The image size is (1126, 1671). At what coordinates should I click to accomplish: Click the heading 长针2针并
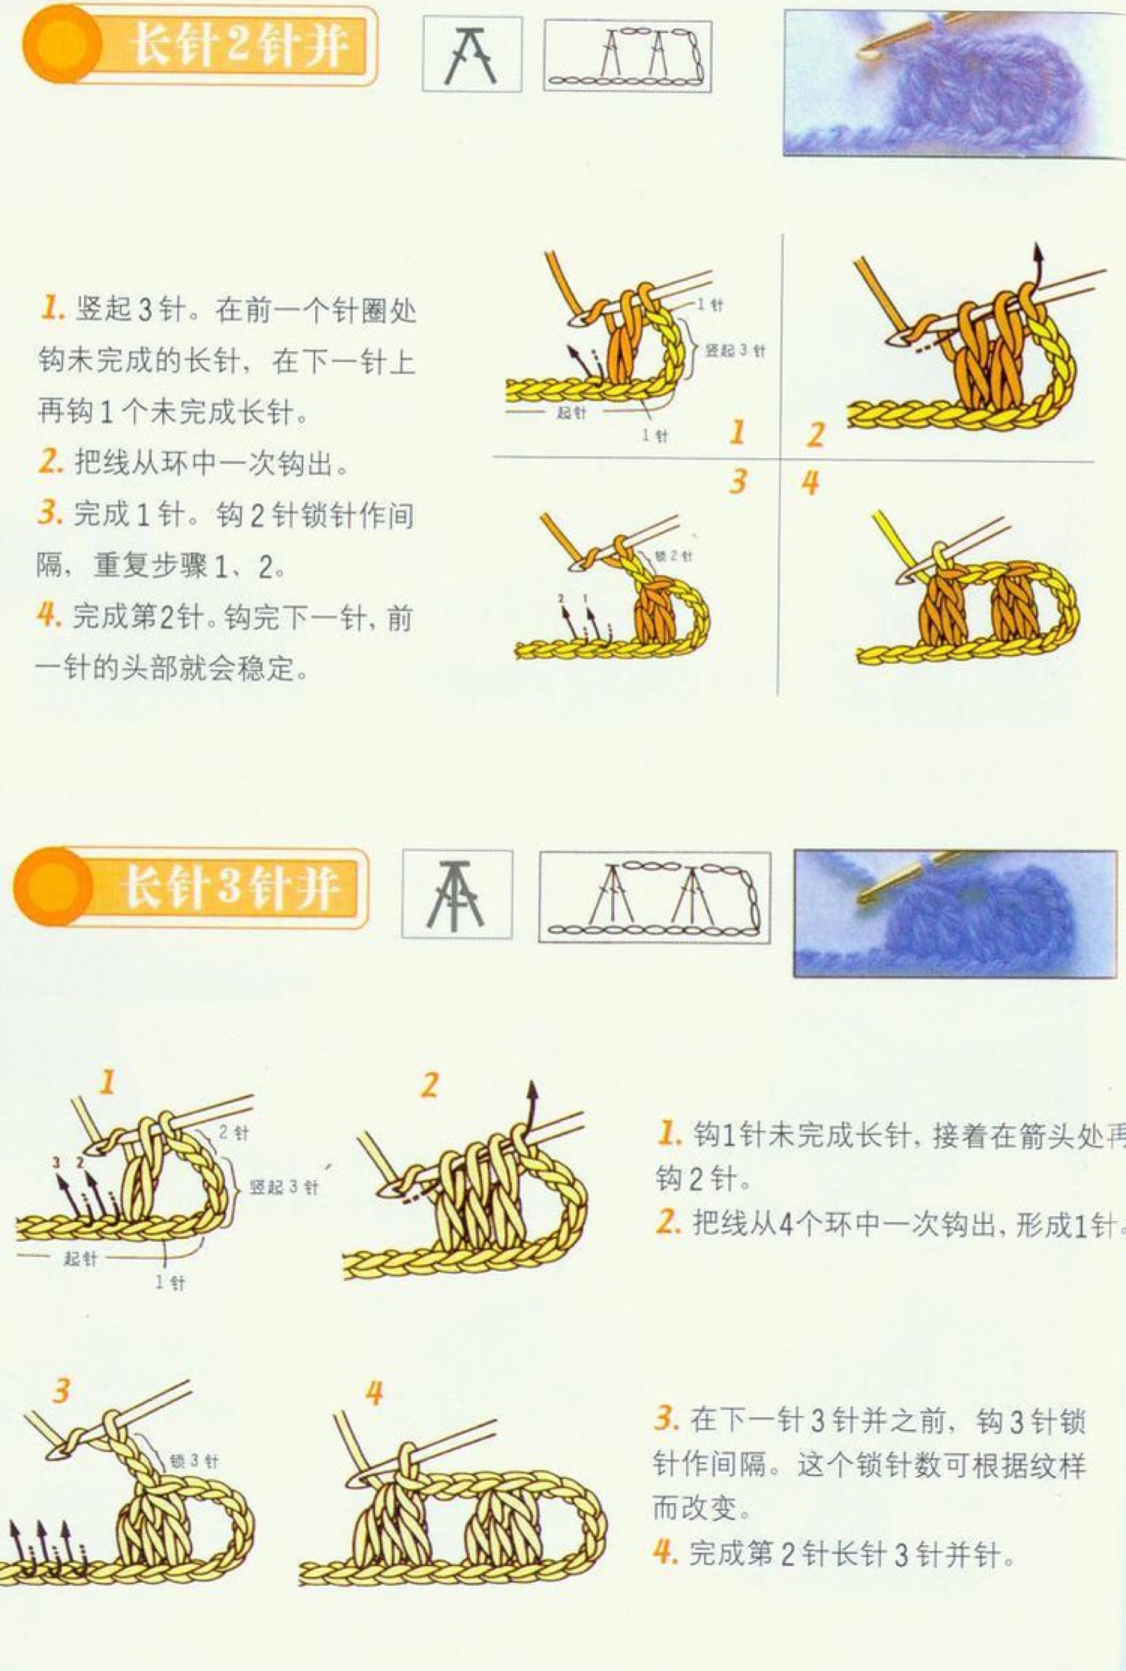[237, 44]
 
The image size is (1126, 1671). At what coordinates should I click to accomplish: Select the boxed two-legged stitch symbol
[471, 56]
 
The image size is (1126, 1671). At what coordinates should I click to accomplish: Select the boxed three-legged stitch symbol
[457, 894]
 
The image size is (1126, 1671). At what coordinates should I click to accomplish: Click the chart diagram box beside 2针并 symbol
[628, 56]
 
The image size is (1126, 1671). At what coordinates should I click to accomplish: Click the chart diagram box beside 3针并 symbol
[654, 897]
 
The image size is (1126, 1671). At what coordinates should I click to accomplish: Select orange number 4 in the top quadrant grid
[810, 484]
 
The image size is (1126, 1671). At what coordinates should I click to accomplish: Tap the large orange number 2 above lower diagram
[429, 1083]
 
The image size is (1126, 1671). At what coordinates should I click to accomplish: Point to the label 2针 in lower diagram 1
[234, 1133]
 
